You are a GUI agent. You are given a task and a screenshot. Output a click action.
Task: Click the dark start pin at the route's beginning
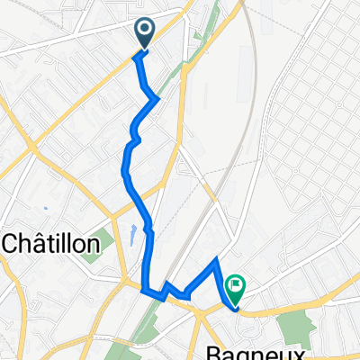tap(145, 33)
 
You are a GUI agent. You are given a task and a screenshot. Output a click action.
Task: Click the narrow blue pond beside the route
tap(132, 237)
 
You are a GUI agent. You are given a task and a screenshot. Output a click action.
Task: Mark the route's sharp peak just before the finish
tap(215, 260)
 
